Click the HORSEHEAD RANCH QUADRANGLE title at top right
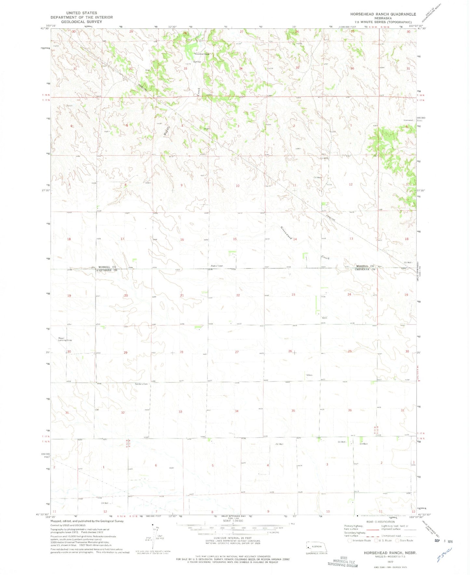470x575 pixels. pos(383,14)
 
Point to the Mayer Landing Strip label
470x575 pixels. pos(65,339)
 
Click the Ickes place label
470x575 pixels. pos(309,375)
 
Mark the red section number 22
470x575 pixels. pos(238,295)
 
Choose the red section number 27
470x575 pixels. pos(237,352)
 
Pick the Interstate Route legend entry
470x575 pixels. pos(360,541)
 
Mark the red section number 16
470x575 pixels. pos(182,240)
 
